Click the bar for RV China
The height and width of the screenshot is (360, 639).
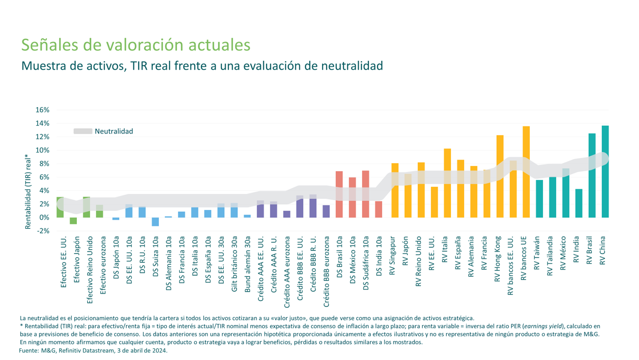pyautogui.click(x=605, y=171)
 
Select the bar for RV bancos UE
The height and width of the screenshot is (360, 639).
pyautogui.click(x=526, y=171)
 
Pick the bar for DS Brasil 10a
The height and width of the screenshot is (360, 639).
pyautogui.click(x=339, y=194)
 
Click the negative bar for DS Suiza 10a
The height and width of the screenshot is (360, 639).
pyautogui.click(x=155, y=222)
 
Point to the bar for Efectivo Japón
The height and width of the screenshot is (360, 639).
pyautogui.click(x=73, y=221)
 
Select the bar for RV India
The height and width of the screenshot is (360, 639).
pyautogui.click(x=579, y=203)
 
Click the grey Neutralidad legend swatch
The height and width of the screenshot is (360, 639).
pyautogui.click(x=83, y=132)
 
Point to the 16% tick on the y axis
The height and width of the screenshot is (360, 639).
pyautogui.click(x=42, y=110)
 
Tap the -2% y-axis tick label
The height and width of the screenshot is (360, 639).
pyautogui.click(x=42, y=231)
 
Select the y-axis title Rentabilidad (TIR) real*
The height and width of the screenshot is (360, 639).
pyautogui.click(x=28, y=192)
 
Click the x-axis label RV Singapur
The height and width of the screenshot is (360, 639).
pyautogui.click(x=392, y=255)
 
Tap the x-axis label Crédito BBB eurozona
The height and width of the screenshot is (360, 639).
pyautogui.click(x=326, y=272)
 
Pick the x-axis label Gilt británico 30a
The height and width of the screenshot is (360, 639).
pyautogui.click(x=234, y=264)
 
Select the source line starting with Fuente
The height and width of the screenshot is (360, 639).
pyautogui.click(x=93, y=351)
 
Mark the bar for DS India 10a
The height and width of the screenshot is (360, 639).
pyautogui.click(x=378, y=209)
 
